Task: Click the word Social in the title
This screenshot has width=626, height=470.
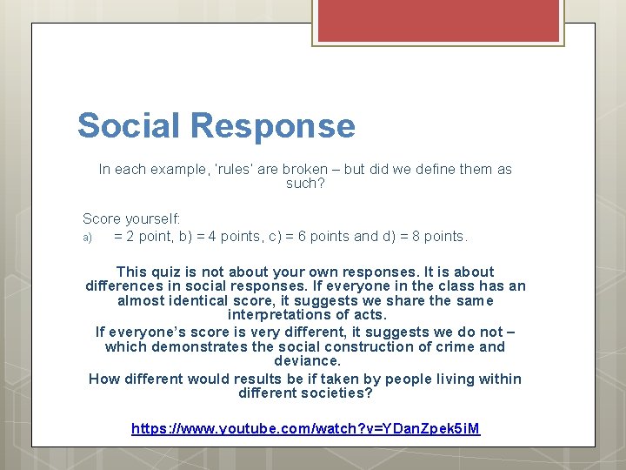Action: [x=130, y=125]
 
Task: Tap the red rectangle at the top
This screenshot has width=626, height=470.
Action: [x=437, y=21]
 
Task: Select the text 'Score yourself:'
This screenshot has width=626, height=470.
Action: [x=131, y=218]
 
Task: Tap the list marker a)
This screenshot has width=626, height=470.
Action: [x=87, y=237]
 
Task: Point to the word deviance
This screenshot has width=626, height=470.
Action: [x=306, y=360]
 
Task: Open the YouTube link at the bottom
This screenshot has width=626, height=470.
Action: [x=306, y=428]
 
